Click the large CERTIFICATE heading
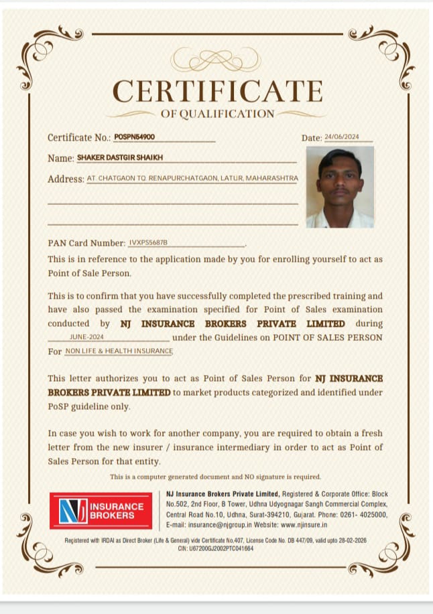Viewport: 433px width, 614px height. (x=217, y=91)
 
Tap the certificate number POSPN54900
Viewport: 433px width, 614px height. (x=134, y=137)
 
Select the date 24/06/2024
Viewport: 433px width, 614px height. (x=342, y=137)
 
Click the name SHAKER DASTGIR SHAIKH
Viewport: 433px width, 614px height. (x=120, y=157)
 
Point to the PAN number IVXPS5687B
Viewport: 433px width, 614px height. (x=148, y=242)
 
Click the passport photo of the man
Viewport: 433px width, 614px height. (x=339, y=187)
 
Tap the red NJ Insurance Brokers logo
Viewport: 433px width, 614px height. (x=101, y=511)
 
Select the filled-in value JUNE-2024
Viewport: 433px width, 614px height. (x=86, y=337)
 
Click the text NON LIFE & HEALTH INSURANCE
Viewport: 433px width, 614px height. (x=119, y=351)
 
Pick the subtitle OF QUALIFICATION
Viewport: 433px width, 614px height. (x=217, y=114)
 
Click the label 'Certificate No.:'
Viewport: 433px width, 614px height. (x=78, y=137)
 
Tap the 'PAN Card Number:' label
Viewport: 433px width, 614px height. (x=86, y=243)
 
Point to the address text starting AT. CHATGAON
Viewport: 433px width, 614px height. (x=192, y=179)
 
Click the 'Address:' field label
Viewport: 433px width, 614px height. (x=65, y=179)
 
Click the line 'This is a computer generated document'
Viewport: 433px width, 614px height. (x=215, y=477)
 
